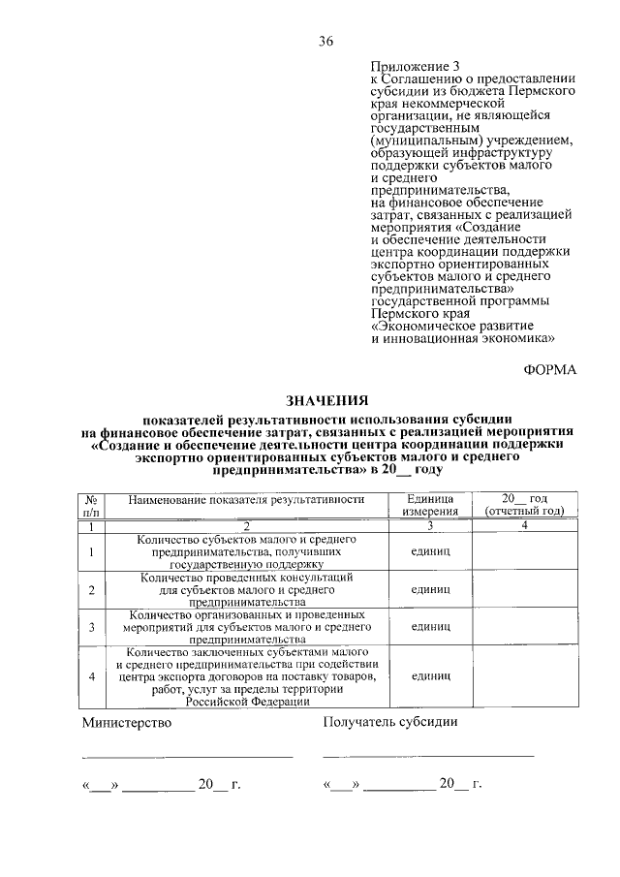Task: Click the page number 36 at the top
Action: point(325,41)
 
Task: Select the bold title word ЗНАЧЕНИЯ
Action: point(326,399)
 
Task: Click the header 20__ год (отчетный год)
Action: point(524,504)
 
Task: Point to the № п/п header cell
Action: point(90,504)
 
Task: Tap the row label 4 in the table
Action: point(90,677)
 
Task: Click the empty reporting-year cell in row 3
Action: point(524,627)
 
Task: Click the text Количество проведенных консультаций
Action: point(246,577)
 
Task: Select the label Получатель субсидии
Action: point(390,722)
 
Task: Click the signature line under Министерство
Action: point(187,755)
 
